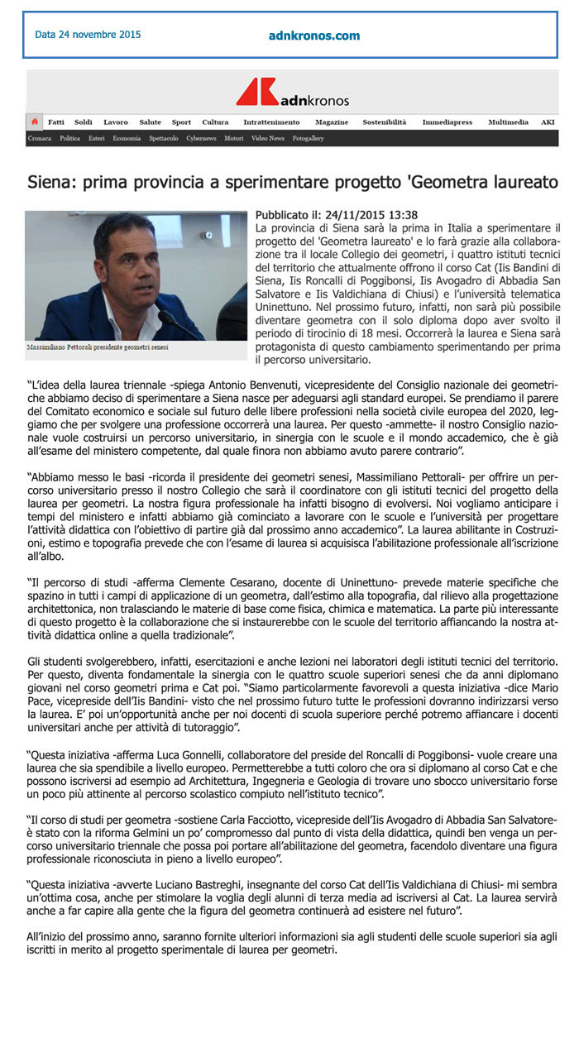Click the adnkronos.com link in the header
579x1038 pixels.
[x=314, y=36]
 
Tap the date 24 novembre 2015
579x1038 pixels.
[x=88, y=35]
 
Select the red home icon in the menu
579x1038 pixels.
[x=35, y=122]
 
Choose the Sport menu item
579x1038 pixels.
[x=181, y=122]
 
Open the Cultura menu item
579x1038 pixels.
[x=215, y=122]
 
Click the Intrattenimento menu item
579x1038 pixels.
[x=271, y=122]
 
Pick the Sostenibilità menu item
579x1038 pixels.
[x=385, y=122]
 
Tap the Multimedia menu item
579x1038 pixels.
[x=508, y=122]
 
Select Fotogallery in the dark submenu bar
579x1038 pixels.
[x=308, y=138]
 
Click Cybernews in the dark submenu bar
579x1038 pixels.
[x=201, y=138]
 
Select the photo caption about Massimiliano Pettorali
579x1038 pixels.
[x=98, y=347]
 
